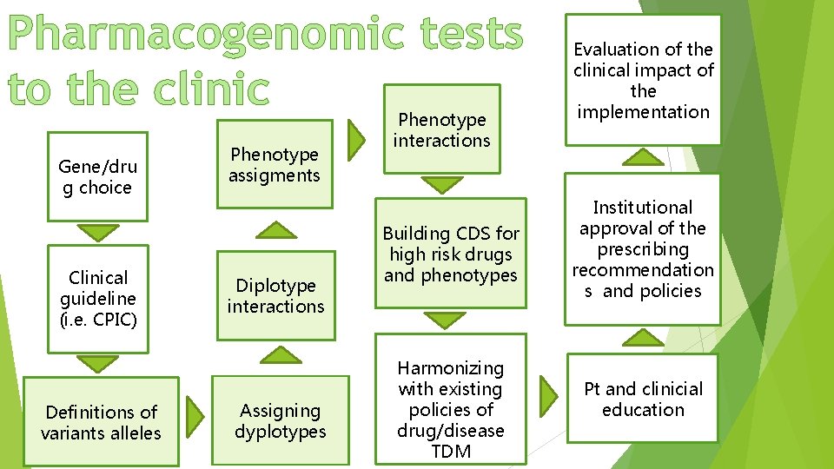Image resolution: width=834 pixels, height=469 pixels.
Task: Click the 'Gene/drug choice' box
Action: pos(97,177)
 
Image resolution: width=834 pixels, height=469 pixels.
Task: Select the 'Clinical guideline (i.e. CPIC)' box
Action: pos(98,298)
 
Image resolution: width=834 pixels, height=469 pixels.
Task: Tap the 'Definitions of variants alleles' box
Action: pos(101,421)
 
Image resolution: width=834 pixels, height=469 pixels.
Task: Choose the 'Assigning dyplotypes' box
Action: pos(280,420)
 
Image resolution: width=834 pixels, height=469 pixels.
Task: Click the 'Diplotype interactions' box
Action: pos(275,295)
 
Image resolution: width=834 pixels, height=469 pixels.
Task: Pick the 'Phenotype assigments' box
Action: pos(275,164)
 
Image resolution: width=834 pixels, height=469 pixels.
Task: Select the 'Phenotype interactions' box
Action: pos(441,129)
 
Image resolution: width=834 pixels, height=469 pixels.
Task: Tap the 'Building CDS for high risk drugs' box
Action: pos(450,254)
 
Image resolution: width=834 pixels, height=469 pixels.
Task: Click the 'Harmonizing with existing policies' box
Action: pos(450,409)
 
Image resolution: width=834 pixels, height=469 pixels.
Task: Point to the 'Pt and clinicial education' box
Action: pos(643,399)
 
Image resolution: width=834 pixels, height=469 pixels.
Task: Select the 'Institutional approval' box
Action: pos(643,248)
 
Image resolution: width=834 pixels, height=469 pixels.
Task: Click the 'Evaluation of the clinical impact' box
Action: pos(643,80)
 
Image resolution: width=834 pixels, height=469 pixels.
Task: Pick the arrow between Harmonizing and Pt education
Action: pos(548,394)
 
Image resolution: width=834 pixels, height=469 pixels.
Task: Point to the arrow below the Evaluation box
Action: pos(644,156)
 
